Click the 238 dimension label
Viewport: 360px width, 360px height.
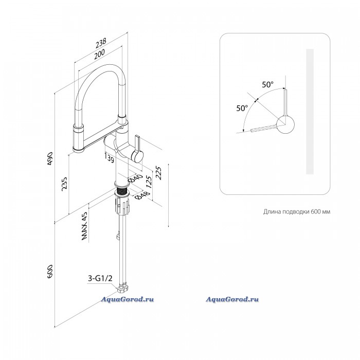(101, 43)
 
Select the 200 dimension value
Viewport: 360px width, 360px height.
(99, 54)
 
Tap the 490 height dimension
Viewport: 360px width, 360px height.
(50, 158)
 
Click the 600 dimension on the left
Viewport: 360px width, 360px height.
(50, 272)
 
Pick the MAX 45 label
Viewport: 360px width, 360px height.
(84, 226)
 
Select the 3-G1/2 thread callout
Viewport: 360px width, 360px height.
(100, 279)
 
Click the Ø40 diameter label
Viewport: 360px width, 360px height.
(135, 178)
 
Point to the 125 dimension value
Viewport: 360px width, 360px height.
(149, 182)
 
